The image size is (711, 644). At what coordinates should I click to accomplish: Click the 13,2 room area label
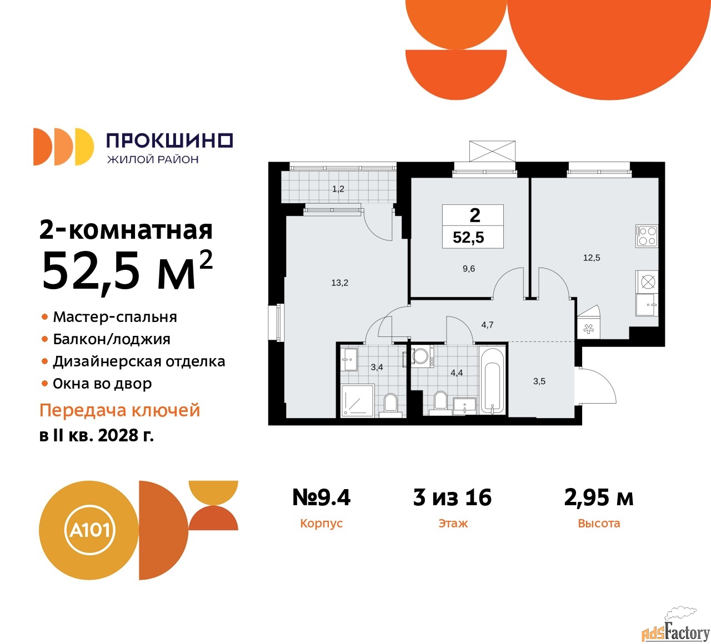[x=339, y=283]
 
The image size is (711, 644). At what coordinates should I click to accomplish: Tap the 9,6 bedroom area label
[x=469, y=269]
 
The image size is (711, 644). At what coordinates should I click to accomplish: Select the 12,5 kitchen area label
[x=592, y=258]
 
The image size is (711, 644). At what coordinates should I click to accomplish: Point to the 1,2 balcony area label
[x=338, y=189]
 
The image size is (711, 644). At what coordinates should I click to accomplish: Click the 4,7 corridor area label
[x=487, y=325]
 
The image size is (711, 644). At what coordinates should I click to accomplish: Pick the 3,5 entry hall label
[x=539, y=381]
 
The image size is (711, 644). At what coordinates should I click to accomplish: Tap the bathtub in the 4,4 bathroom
[x=493, y=380]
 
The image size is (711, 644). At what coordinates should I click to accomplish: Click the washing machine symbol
[x=420, y=356]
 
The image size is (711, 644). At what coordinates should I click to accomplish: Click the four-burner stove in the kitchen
[x=647, y=236]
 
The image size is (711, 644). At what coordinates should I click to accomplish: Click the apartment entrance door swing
[x=597, y=386]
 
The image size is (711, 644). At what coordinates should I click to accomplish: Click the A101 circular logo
[x=89, y=530]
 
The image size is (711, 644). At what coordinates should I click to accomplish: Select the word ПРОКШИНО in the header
[x=169, y=140]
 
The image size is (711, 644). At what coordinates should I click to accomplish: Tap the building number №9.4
[x=322, y=497]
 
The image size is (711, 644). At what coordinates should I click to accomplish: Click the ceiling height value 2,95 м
[x=599, y=497]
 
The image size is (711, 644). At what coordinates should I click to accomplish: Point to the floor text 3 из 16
[x=452, y=497]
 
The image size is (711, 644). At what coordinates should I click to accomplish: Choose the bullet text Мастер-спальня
[x=115, y=317]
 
